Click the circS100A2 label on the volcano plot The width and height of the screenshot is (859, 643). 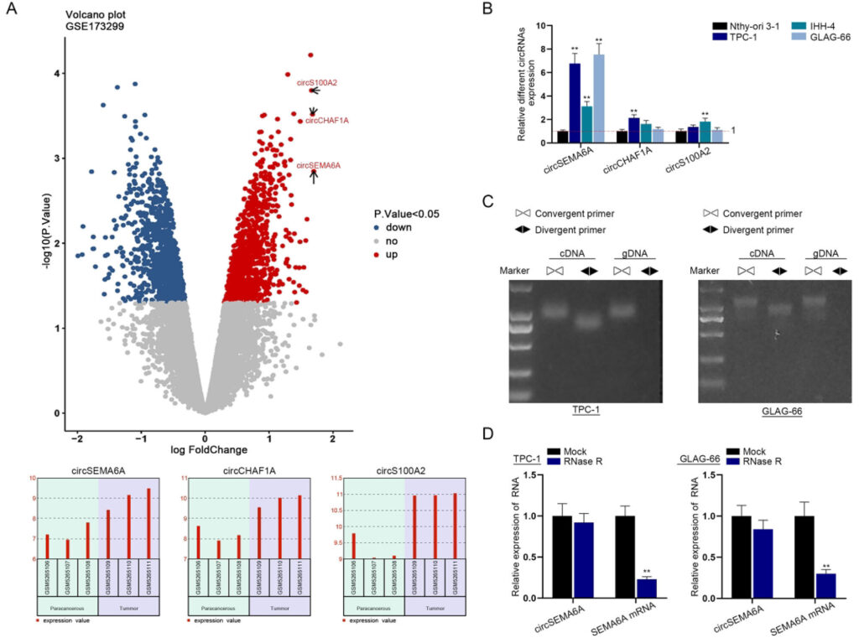coord(316,82)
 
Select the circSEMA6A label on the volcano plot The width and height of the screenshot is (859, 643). coord(318,165)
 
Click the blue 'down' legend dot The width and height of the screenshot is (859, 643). coord(377,227)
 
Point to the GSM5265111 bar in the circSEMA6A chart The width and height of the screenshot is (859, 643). coord(148,523)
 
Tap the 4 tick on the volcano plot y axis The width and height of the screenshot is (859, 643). coord(57,73)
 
